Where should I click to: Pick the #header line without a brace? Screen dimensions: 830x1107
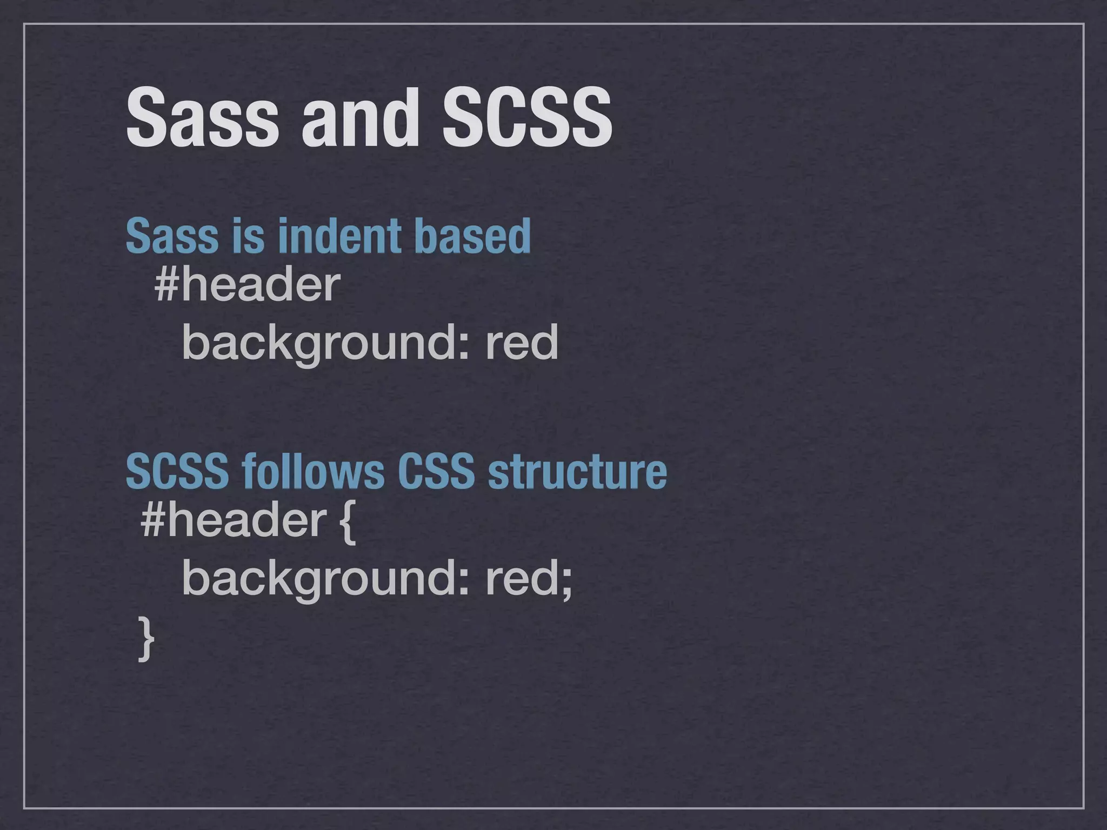(x=247, y=285)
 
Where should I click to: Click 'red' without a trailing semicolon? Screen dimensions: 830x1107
(x=522, y=343)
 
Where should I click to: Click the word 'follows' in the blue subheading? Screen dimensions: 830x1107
(x=314, y=471)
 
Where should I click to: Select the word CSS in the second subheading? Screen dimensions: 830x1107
(x=436, y=471)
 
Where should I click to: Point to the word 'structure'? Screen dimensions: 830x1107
(x=577, y=471)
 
